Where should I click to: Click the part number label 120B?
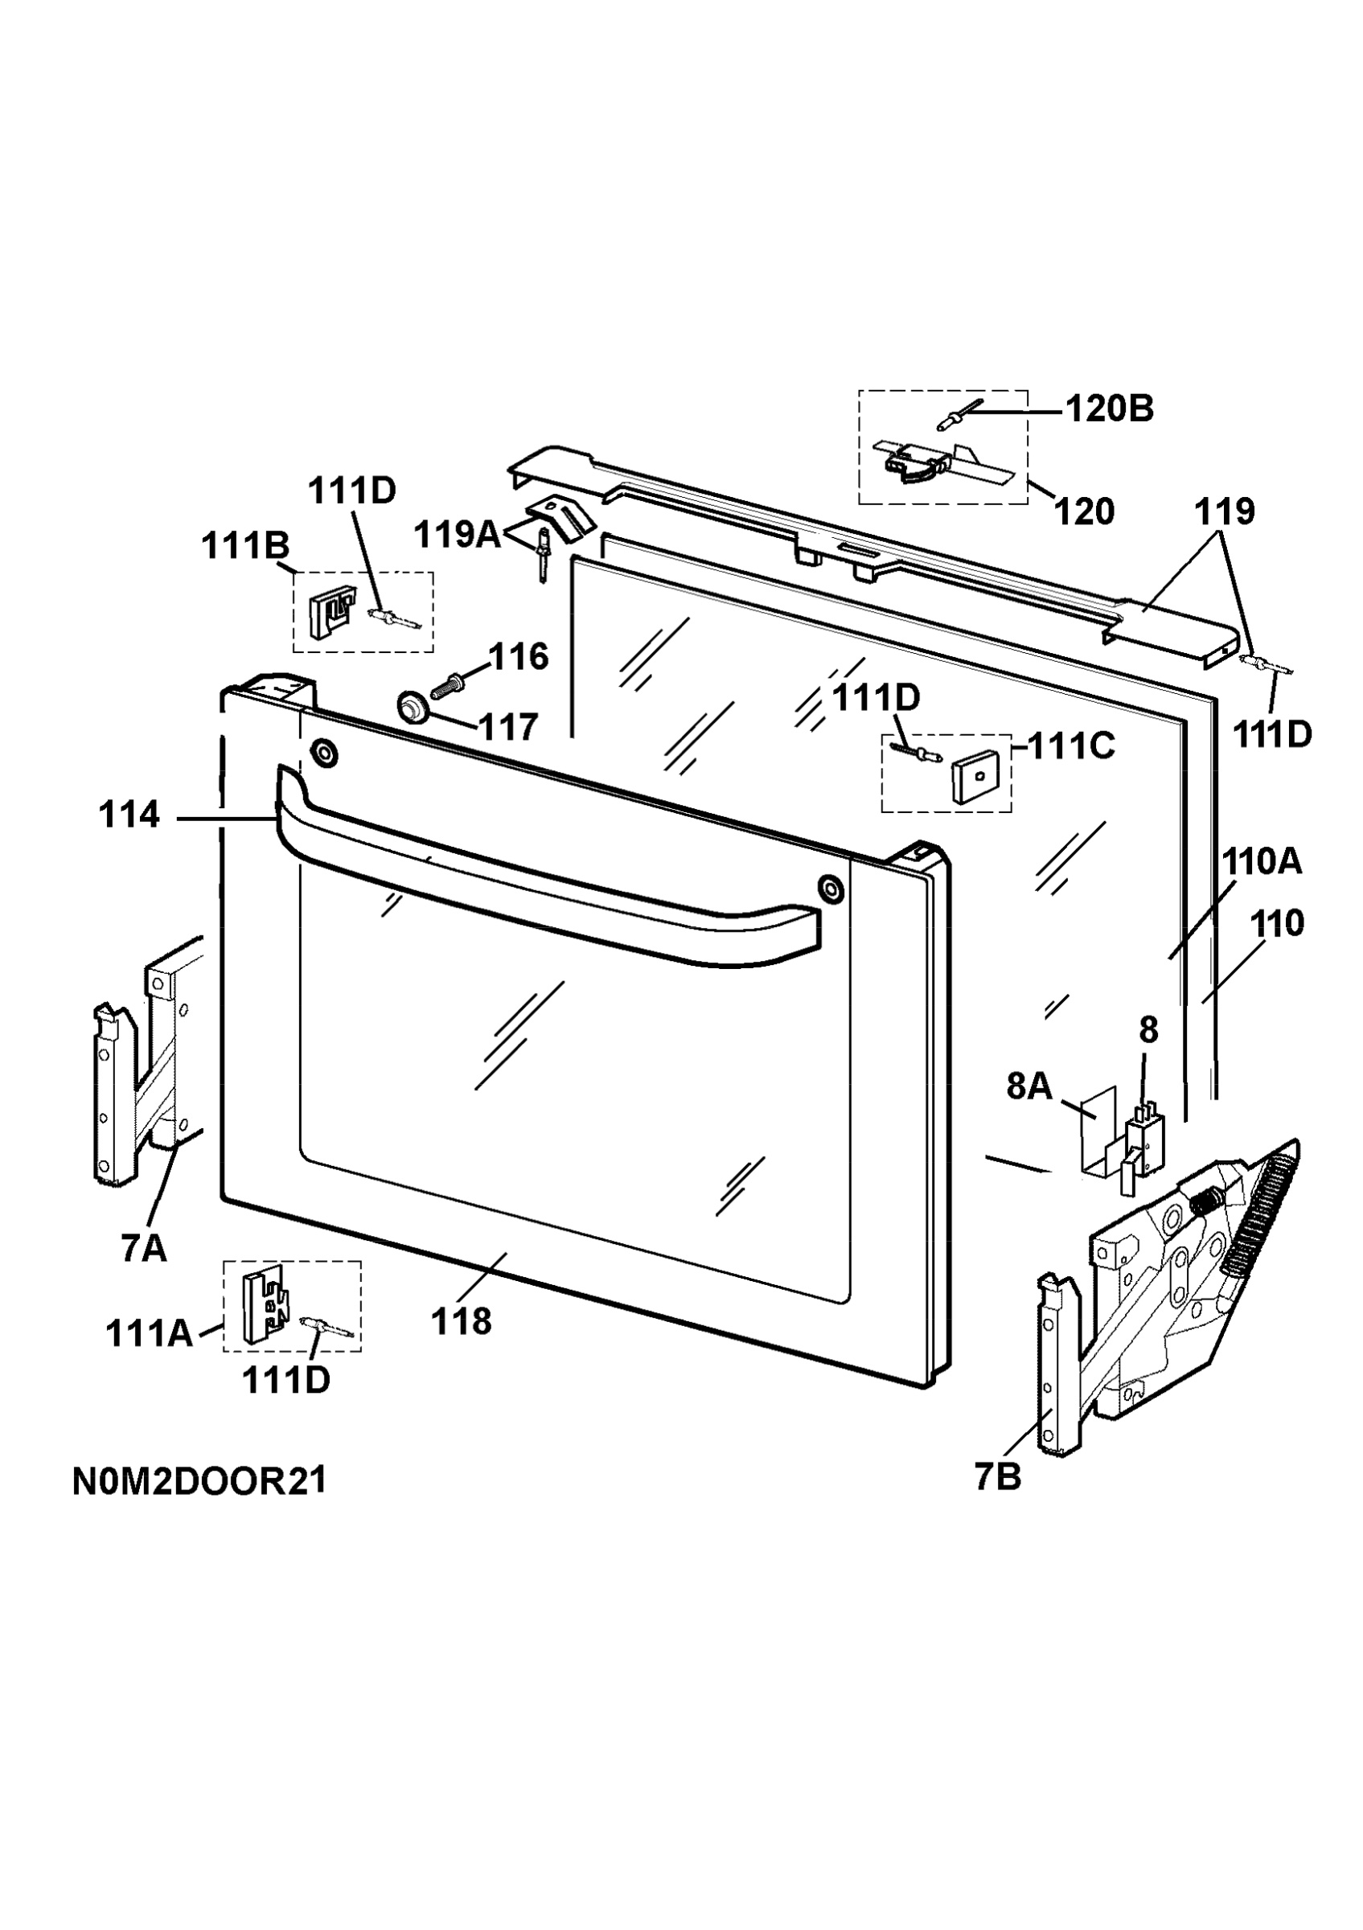pyautogui.click(x=1109, y=409)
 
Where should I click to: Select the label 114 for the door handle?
pyautogui.click(x=129, y=815)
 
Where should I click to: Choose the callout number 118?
pyautogui.click(x=462, y=1322)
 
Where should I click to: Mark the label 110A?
pyautogui.click(x=1262, y=861)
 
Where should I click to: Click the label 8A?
pyautogui.click(x=1029, y=1087)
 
